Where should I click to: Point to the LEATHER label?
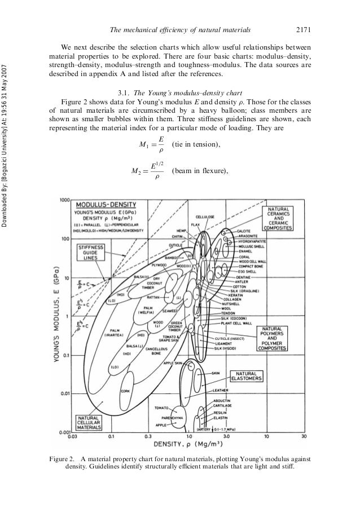pos(220,390)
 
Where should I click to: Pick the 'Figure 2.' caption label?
pos(65,458)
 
